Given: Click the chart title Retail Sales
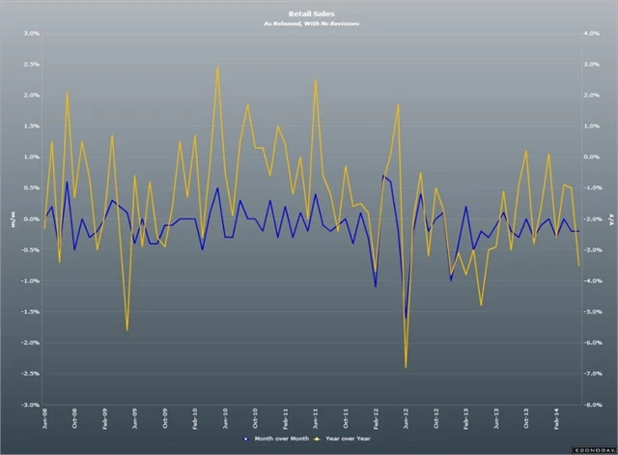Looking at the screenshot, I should click(309, 14).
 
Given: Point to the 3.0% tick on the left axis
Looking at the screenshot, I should click(31, 33).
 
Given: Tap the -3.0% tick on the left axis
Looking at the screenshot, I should click(30, 405).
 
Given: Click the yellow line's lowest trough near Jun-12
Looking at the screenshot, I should click(406, 368).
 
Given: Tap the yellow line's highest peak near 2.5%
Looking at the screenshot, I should click(218, 67).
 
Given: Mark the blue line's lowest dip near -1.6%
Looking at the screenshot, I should click(406, 318).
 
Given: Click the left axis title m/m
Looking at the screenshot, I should click(12, 219).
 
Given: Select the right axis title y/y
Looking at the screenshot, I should click(609, 219).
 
